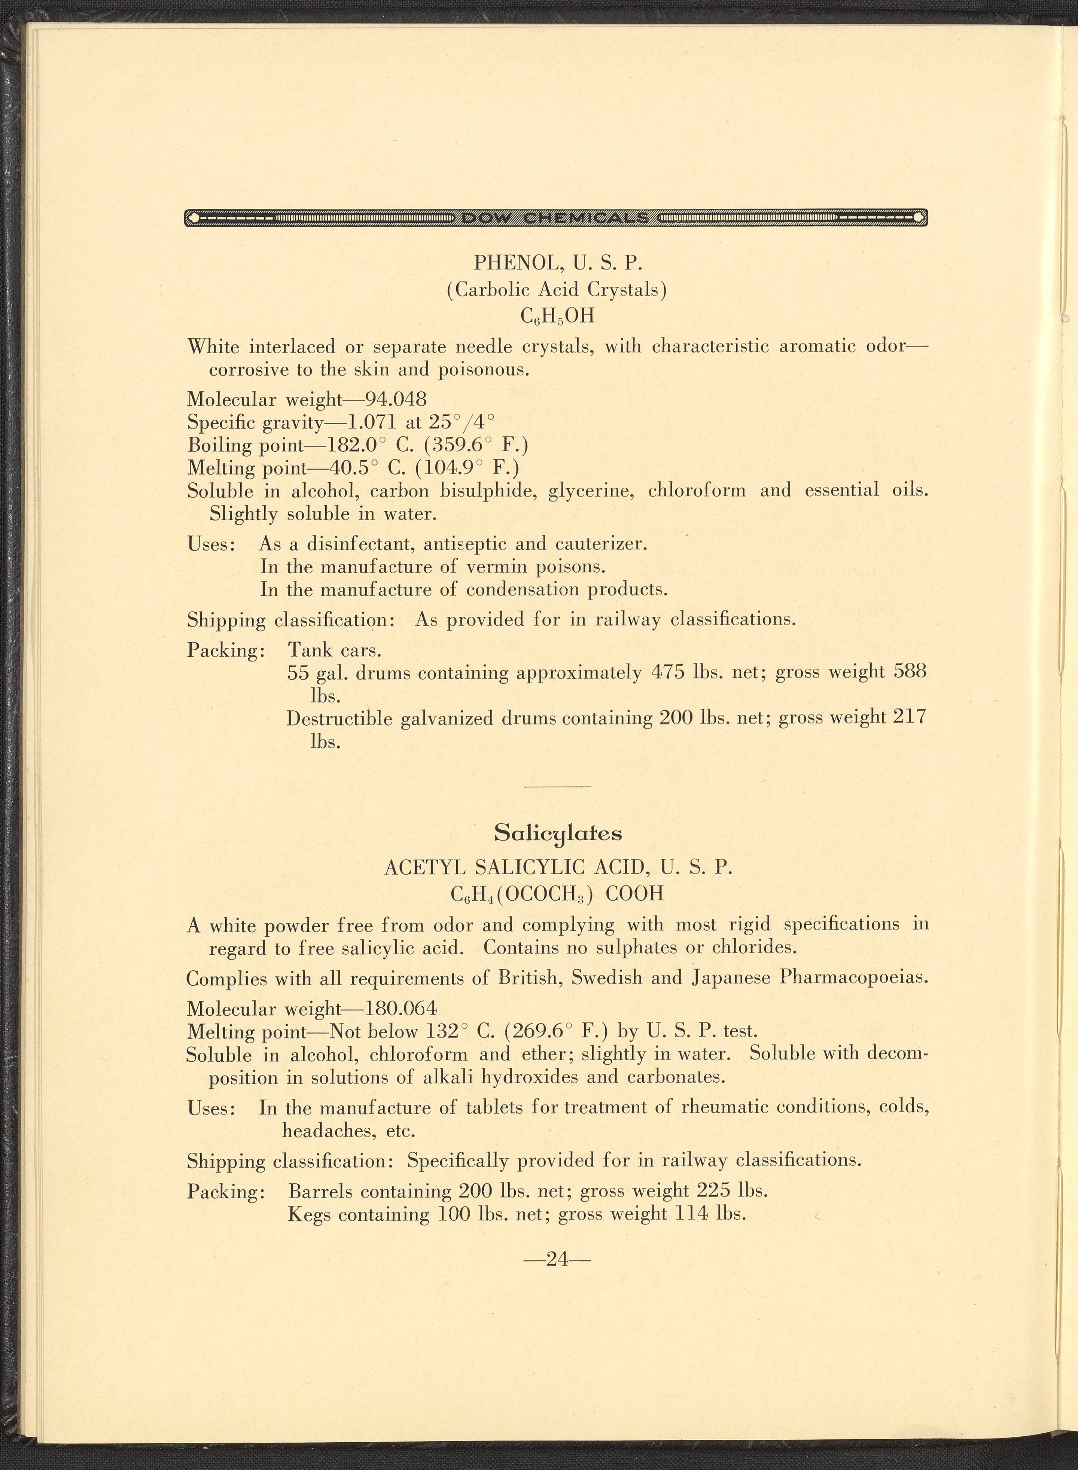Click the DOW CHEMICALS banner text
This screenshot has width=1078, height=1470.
555,217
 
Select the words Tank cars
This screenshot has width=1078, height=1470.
335,650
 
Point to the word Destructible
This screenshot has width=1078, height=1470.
339,719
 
